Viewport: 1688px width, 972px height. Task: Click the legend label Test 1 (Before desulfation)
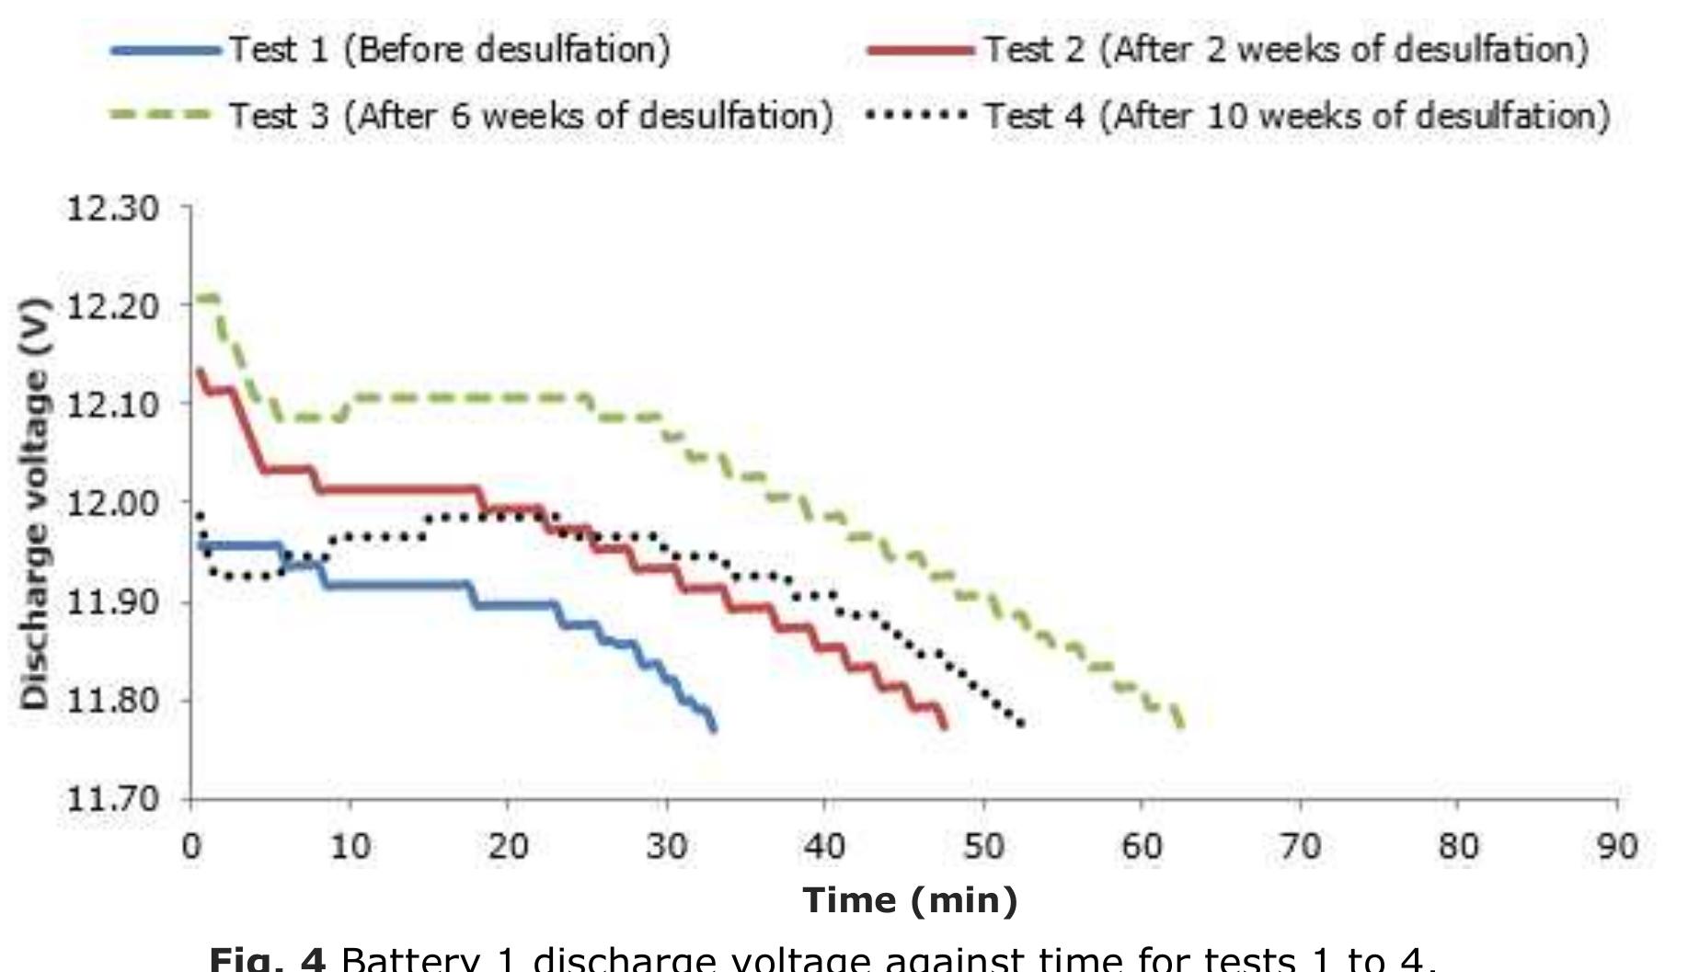pos(449,49)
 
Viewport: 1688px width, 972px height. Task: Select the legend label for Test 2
pos(1286,49)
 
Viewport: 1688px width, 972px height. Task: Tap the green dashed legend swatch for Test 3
pos(161,115)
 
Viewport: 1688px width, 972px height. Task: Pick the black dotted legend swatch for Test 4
pos(916,115)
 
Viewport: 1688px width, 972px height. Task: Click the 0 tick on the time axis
pos(191,845)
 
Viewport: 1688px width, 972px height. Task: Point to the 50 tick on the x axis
pos(983,845)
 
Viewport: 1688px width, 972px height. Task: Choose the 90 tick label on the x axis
pos(1616,845)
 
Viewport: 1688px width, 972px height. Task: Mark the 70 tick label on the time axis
pos(1300,845)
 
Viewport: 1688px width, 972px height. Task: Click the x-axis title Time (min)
pos(910,899)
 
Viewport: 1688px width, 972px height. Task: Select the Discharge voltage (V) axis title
pos(34,503)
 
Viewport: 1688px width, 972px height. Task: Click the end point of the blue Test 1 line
pos(715,728)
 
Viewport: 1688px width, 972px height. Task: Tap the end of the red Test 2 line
pos(945,726)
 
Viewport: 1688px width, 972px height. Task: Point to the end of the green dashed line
pos(1182,726)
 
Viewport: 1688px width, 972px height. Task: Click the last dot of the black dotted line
pos(1021,723)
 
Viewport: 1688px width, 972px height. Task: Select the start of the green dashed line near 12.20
pos(195,298)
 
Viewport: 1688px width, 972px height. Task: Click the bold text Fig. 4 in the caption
pos(268,959)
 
